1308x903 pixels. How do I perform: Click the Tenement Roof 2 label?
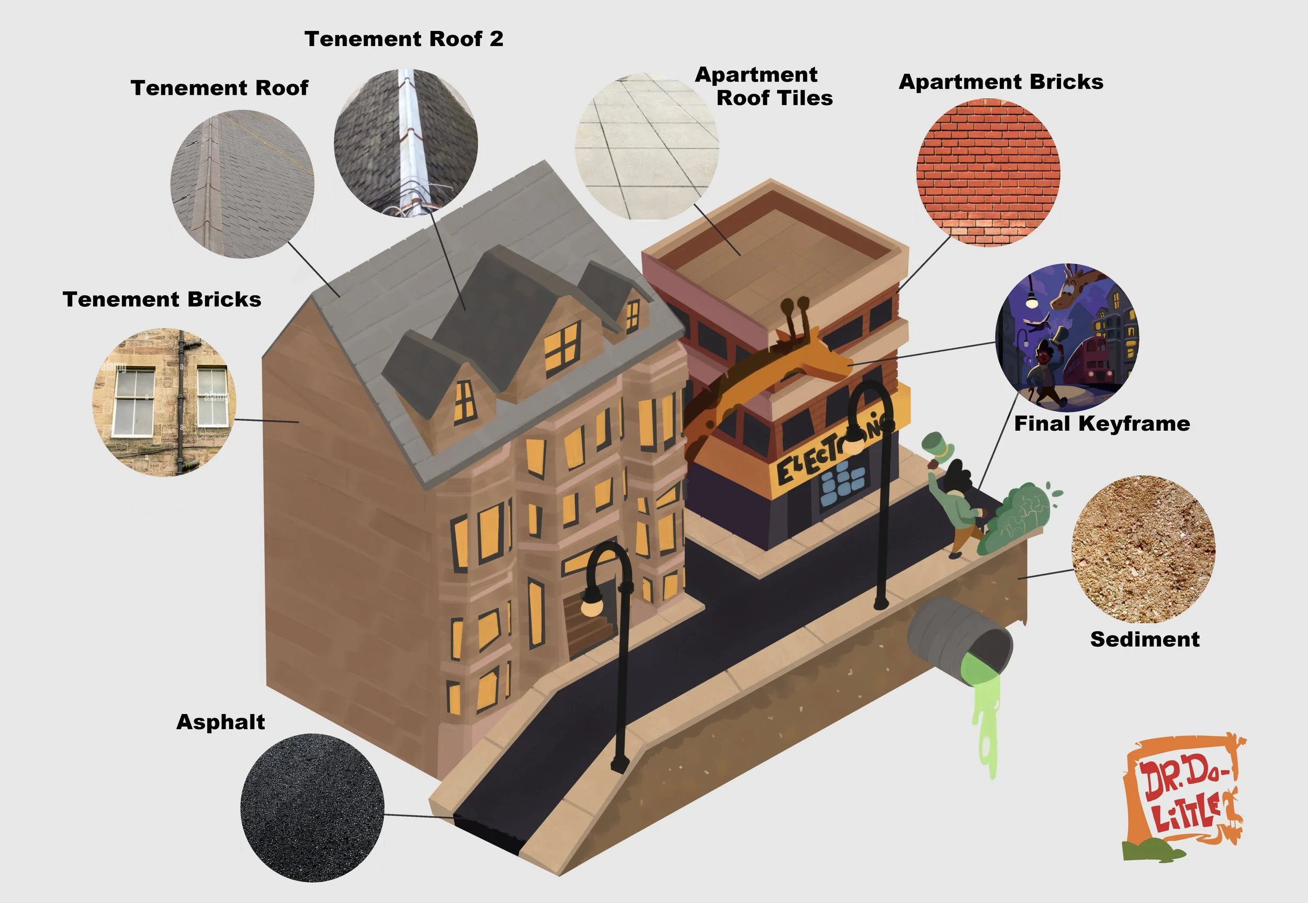404,39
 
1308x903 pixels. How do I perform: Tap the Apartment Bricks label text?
1000,82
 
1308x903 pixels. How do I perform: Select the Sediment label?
1145,639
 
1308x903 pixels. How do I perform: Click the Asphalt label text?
221,722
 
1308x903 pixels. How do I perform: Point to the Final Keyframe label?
1101,424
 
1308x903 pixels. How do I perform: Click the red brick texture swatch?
988,172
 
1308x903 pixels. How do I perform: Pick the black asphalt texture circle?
312,807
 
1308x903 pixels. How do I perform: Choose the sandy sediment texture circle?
1143,549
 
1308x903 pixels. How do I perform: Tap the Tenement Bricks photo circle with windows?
164,402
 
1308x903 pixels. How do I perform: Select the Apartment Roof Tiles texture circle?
646,146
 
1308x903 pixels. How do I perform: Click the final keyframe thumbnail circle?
1066,337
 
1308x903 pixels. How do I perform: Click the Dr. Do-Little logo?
1183,798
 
